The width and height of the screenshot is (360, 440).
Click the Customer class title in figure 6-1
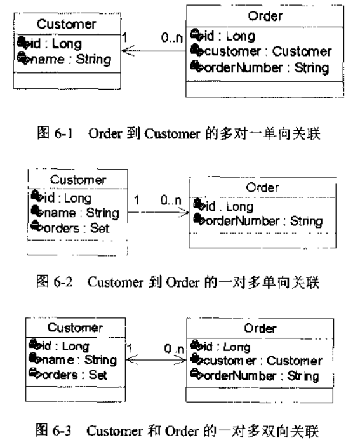tap(66, 24)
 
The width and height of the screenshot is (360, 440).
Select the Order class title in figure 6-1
tap(265, 16)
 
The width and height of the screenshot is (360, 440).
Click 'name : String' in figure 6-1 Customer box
tap(70, 60)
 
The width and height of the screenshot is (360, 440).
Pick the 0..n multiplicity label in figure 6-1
tap(171, 37)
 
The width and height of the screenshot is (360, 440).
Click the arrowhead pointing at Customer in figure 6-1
tap(127, 51)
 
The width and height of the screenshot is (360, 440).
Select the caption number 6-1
tap(63, 133)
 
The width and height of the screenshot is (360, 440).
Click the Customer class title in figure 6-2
tap(78, 180)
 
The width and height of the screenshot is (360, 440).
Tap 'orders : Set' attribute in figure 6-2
tap(76, 229)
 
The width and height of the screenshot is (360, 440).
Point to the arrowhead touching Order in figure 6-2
tap(184, 212)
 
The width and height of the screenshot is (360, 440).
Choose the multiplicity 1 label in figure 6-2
tap(137, 200)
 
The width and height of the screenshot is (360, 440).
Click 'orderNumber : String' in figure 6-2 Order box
tap(264, 222)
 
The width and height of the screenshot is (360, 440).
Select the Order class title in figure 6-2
tap(262, 188)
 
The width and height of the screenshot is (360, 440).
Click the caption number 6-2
tap(63, 282)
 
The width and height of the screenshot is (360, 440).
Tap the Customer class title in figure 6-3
tap(75, 328)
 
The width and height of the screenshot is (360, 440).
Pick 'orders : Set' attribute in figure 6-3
tap(74, 375)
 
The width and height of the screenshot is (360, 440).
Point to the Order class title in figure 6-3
tap(260, 328)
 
